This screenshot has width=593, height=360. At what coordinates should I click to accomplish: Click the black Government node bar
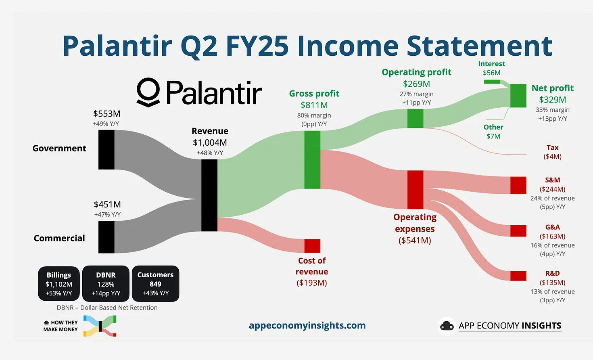(x=106, y=150)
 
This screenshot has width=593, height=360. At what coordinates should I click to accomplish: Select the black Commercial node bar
(x=106, y=237)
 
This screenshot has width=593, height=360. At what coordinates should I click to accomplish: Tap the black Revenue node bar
(x=209, y=195)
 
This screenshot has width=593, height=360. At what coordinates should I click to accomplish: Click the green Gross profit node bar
(x=312, y=159)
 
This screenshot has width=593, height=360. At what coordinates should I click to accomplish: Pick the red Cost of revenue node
(x=312, y=246)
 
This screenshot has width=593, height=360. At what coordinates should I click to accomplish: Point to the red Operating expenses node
(x=415, y=190)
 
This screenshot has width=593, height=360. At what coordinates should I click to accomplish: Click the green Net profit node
(x=518, y=96)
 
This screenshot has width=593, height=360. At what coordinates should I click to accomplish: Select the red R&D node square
(x=518, y=276)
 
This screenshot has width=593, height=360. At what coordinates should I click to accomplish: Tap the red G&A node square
(x=518, y=231)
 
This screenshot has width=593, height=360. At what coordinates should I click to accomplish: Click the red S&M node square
(x=518, y=185)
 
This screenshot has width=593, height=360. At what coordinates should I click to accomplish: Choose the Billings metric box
(x=59, y=284)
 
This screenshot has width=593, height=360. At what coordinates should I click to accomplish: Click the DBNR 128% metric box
(x=106, y=284)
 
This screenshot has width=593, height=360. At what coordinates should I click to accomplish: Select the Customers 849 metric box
(x=155, y=284)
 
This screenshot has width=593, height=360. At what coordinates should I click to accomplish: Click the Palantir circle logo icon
(x=148, y=92)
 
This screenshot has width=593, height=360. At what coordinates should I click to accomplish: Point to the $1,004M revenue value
(x=210, y=142)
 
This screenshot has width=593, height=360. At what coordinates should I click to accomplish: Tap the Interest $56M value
(x=491, y=73)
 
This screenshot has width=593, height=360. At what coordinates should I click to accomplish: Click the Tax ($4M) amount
(x=552, y=157)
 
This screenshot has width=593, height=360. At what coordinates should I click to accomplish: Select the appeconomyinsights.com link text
(x=307, y=325)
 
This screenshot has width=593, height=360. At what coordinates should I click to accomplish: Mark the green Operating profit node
(x=415, y=118)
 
